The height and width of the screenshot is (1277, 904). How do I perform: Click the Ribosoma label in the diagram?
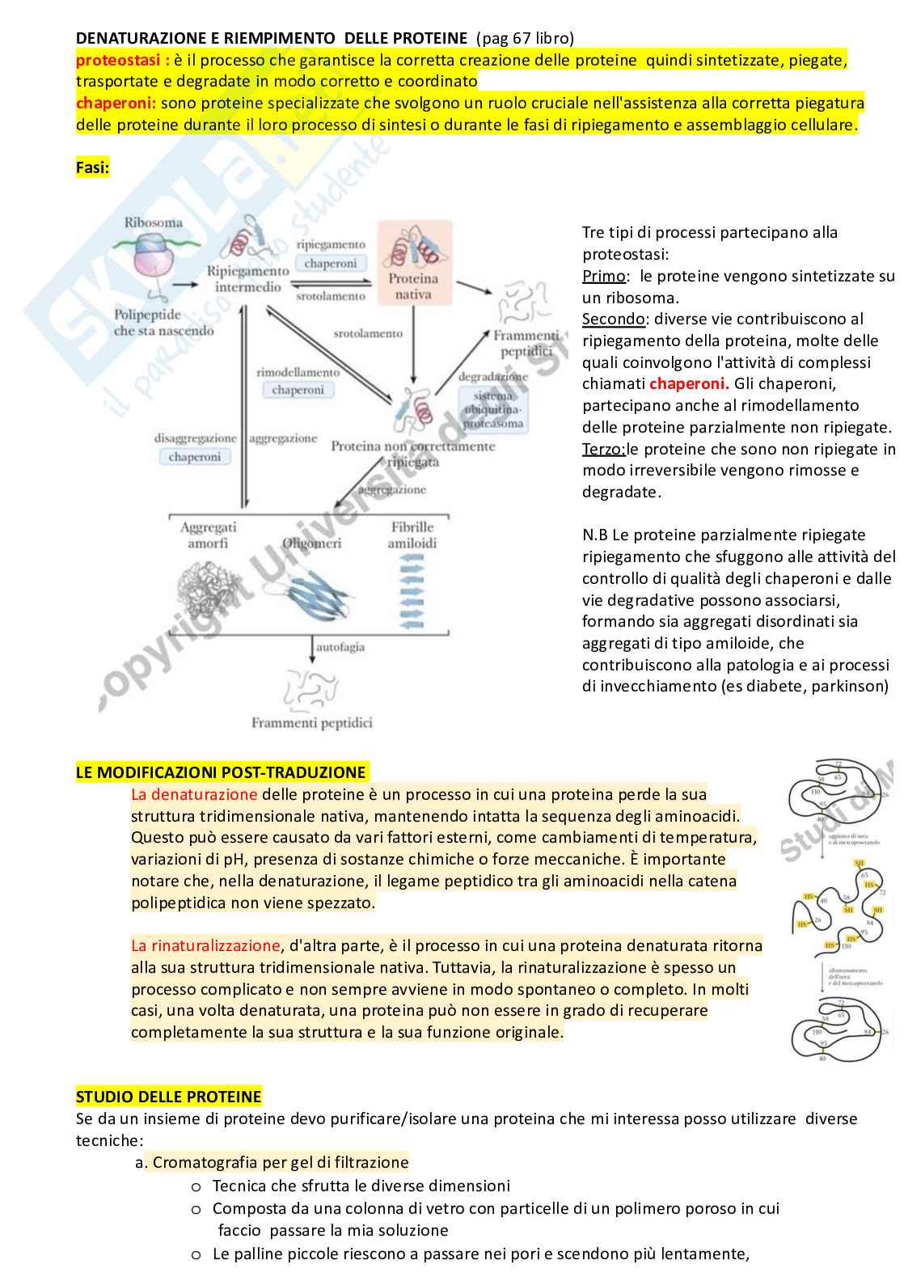coord(153,222)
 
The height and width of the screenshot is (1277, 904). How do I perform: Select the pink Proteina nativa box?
coord(413,264)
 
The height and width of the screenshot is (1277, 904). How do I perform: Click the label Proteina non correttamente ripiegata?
coord(412,454)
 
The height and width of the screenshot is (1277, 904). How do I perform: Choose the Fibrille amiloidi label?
coord(412,535)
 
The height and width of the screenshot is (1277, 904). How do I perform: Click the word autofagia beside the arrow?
coord(340,647)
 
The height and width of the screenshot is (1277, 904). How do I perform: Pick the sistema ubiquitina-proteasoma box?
coord(493,409)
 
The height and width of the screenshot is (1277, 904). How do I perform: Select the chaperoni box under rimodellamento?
coord(298,390)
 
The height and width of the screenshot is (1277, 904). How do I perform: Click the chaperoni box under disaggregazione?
coord(194,457)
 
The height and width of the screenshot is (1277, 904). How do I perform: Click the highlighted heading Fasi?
coord(92,167)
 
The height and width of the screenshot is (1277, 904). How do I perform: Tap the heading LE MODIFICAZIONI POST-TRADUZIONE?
coord(221,772)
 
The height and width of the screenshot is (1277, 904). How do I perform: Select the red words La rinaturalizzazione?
coord(205,945)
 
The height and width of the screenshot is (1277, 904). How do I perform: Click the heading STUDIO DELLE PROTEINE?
coord(168,1097)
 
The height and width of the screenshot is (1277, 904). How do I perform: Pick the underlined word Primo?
coord(603,276)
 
